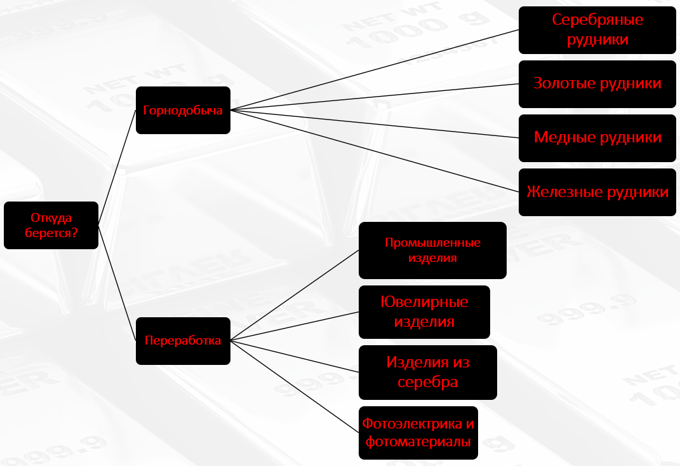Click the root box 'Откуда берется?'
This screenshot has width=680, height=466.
[x=51, y=225]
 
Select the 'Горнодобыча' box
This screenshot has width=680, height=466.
[x=183, y=110]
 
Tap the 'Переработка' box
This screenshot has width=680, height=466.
[x=183, y=341]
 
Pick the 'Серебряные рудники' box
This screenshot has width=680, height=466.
[x=597, y=30]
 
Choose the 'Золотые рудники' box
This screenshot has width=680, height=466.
[x=597, y=84]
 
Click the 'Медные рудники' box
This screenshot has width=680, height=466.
[x=597, y=138]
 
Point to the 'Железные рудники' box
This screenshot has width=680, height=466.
[x=597, y=192]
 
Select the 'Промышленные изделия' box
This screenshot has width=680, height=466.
[x=432, y=250]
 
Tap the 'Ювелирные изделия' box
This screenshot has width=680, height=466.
[x=424, y=312]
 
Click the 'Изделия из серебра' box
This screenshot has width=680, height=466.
[x=427, y=373]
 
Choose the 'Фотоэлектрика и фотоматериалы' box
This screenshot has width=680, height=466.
[x=418, y=432]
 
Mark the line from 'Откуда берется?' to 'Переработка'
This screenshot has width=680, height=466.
[x=117, y=283]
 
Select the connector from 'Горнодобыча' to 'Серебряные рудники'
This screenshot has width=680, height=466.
[x=375, y=70]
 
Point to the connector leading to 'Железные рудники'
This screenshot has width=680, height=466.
[x=375, y=151]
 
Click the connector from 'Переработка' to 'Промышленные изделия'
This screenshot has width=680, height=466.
[x=295, y=295]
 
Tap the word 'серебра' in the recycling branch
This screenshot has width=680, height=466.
[x=427, y=383]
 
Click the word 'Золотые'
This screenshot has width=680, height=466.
[x=559, y=84]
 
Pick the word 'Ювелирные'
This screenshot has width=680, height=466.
[x=424, y=301]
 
